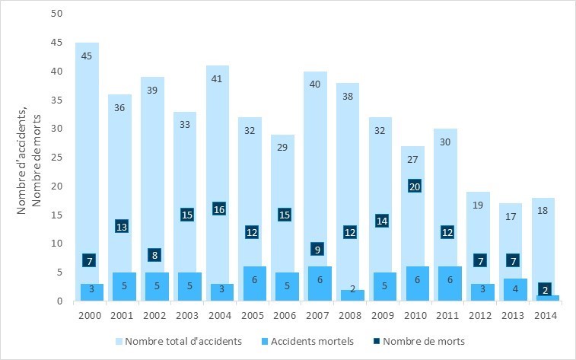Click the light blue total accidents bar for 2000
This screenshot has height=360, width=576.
87,152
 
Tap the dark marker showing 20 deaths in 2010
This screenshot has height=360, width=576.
415,186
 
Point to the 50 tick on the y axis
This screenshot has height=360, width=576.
57,14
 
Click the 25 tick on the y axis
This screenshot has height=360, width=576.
57,158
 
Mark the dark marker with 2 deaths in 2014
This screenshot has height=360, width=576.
546,289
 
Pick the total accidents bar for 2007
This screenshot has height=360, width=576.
316,152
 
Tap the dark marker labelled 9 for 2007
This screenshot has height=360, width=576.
316,249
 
